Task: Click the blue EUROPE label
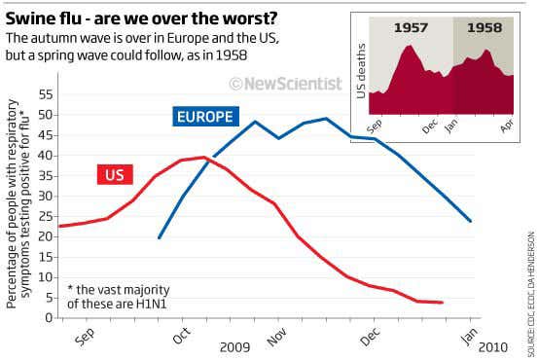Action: pos(204,117)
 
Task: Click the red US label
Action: pos(115,174)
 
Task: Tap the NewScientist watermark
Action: pos(285,84)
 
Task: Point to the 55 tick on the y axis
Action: pos(46,94)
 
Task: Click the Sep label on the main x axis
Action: pos(84,337)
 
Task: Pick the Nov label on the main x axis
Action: pos(277,337)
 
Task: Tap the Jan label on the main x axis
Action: pos(468,336)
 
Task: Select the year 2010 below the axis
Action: pos(493,346)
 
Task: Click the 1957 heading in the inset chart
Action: pos(411,28)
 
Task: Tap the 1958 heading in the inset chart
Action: pos(484,28)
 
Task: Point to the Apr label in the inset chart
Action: pos(506,126)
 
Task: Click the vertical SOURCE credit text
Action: pos(530,292)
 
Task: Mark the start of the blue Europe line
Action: pos(159,237)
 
